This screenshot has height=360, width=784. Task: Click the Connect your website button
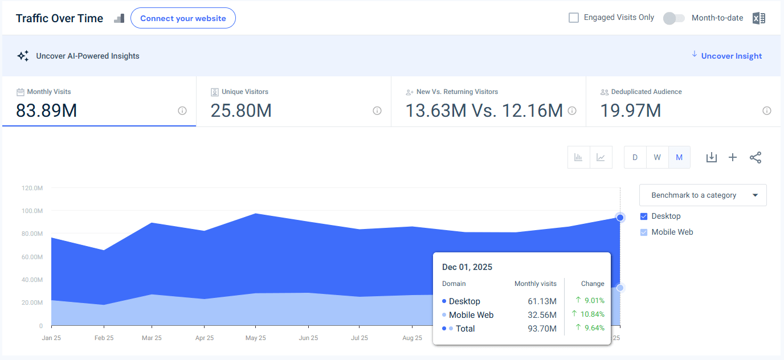tap(183, 18)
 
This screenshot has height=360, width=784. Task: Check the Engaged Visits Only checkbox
tap(574, 18)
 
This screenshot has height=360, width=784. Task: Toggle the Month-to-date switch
tap(673, 18)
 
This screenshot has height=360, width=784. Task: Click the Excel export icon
tap(758, 18)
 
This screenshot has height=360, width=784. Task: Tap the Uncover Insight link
tap(731, 56)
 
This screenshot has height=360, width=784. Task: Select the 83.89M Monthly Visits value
tap(47, 111)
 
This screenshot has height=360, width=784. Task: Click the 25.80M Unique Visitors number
tap(241, 111)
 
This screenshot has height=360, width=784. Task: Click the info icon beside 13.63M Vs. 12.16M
tap(572, 111)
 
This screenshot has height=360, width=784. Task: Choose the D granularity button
tap(635, 157)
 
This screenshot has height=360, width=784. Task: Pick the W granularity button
tap(657, 157)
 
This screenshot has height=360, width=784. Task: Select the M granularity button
tap(679, 157)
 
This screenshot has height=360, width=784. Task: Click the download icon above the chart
tap(711, 158)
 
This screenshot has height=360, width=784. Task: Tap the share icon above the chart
tap(756, 158)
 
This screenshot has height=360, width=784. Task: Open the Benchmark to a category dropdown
tap(703, 195)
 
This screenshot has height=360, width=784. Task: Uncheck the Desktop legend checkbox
tap(644, 216)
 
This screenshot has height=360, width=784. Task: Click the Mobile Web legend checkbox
tap(644, 232)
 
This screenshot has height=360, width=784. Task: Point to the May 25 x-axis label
tap(255, 338)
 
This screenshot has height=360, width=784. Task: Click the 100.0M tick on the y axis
tap(32, 211)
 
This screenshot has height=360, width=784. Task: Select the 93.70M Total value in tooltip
tap(542, 329)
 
